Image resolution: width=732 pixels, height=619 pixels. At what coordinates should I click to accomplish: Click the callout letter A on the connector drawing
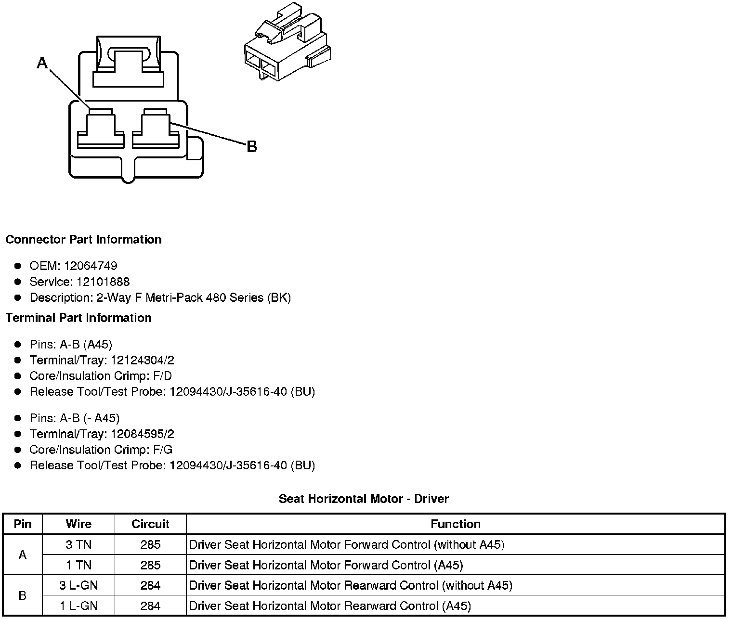[x=42, y=63]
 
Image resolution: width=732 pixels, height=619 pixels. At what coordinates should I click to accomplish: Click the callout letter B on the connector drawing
[x=251, y=146]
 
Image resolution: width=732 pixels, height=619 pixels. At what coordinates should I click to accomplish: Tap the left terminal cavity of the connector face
[x=101, y=129]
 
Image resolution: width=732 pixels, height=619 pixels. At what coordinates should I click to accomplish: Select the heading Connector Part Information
[x=83, y=240]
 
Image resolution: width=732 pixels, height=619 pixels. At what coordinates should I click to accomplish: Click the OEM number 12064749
[x=91, y=266]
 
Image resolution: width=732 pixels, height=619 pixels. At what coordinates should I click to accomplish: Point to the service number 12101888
[x=103, y=282]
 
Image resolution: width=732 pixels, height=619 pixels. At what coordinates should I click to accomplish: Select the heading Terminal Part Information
[x=78, y=318]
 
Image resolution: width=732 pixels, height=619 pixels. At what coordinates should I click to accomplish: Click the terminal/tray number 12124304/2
[x=143, y=360]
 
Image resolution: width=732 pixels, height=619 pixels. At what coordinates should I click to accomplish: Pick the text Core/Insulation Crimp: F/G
[x=101, y=450]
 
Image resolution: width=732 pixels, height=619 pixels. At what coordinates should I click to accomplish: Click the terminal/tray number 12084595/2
[x=143, y=434]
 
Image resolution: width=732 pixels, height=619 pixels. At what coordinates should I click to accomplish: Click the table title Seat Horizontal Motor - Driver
[x=364, y=499]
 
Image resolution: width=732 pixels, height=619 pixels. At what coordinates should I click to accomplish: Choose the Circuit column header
[x=150, y=524]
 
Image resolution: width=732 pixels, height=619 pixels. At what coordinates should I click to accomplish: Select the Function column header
[x=455, y=524]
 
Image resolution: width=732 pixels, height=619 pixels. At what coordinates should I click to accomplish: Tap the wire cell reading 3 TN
[x=78, y=544]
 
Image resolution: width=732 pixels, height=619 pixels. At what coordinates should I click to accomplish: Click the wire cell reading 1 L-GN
[x=78, y=606]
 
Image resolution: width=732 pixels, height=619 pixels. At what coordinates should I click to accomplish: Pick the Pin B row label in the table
[x=22, y=595]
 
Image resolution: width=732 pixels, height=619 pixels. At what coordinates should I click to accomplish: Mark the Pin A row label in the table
[x=22, y=555]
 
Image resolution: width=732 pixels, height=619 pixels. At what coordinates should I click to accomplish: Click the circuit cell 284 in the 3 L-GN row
[x=150, y=585]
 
